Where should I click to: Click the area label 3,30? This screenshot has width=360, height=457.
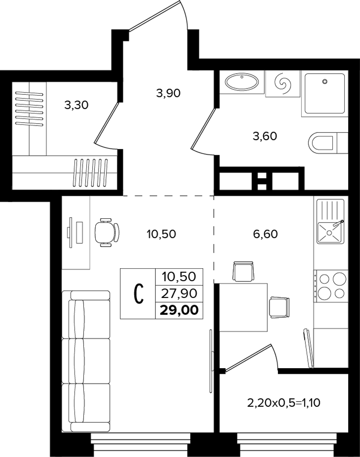point(76,105)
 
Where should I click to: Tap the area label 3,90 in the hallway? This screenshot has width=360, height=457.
point(168,93)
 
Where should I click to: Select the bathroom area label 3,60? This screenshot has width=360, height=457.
point(265,136)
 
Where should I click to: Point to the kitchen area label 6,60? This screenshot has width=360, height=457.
point(265,234)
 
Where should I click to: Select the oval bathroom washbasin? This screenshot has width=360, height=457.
point(241,82)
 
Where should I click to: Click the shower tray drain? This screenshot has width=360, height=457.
point(325,82)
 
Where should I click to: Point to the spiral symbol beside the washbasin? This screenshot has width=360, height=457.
point(282,83)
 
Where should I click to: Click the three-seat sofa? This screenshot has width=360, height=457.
point(86,361)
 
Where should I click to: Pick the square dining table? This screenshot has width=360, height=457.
point(244,307)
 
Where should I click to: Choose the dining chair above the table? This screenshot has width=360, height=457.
point(243,271)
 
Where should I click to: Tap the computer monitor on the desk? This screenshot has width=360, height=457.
point(71,233)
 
